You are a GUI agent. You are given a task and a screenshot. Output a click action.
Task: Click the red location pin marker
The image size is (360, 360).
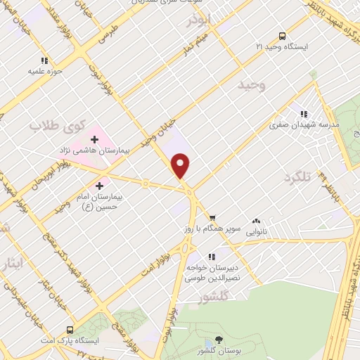[x=181, y=166]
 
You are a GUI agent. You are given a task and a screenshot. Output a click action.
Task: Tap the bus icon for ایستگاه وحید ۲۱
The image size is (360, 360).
[x=282, y=36]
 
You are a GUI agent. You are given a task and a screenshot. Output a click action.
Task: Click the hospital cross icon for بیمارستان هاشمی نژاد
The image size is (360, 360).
[x=95, y=140]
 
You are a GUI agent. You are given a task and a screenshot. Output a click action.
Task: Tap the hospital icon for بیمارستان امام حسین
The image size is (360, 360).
[x=99, y=186]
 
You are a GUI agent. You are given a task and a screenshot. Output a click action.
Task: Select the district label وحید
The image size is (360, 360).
[x=251, y=85]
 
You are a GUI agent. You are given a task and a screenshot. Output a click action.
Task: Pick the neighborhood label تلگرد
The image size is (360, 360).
[x=297, y=178]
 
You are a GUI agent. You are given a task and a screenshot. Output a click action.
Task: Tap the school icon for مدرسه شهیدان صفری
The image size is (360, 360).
[x=304, y=114]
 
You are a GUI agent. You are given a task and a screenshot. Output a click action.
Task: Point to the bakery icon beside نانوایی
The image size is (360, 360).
[x=256, y=220]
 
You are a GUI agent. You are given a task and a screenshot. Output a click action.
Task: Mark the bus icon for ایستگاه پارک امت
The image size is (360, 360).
[x=69, y=329]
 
